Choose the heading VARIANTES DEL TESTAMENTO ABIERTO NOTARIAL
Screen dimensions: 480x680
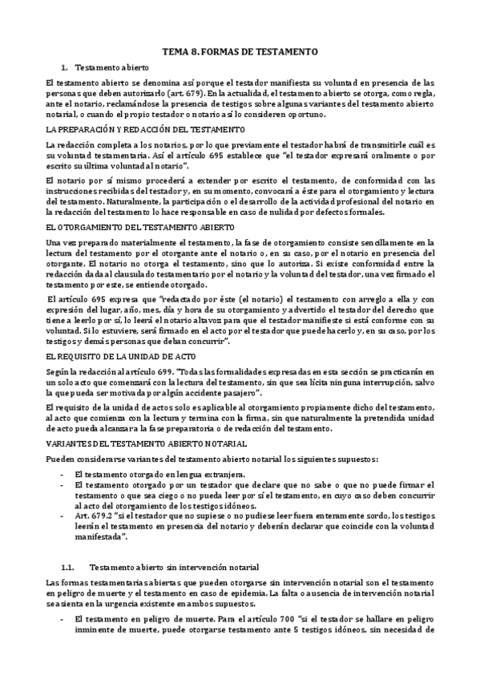[146, 443]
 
